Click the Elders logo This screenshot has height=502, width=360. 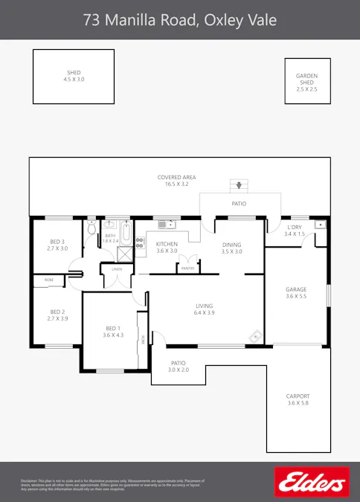312,482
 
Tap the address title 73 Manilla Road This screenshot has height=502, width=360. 179,20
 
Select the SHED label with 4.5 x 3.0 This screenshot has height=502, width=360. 74,76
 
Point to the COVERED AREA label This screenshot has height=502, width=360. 176,180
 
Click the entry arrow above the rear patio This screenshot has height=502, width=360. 238,186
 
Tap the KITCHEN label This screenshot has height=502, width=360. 167,247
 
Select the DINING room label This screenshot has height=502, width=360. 232,247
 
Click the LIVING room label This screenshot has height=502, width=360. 205,309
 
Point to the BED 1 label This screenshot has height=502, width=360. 112,332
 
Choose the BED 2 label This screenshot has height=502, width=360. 57,315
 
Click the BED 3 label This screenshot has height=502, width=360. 57,245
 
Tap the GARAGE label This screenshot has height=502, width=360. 296,293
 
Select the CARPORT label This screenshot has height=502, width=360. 298,399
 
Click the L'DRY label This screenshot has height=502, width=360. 295,230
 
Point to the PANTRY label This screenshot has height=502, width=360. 188,268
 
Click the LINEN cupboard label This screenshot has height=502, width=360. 117,268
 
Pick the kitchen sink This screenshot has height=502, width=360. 165,223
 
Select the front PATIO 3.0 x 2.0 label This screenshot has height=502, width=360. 179,366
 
